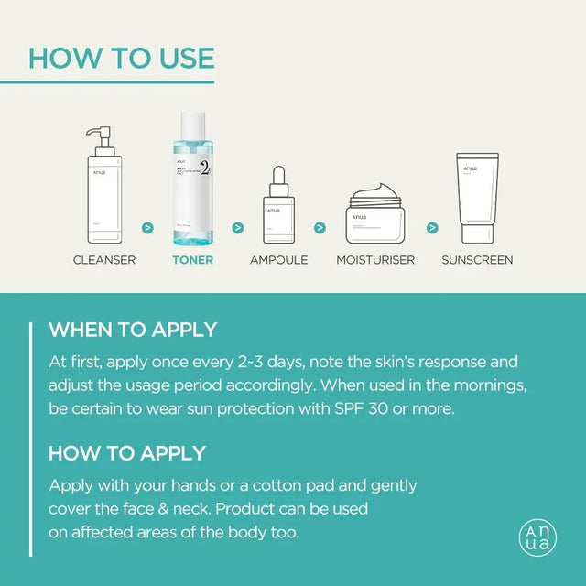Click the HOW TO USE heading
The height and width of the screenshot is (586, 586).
coord(121,57)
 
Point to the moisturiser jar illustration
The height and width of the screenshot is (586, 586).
coord(375,215)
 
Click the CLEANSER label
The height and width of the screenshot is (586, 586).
coord(104,260)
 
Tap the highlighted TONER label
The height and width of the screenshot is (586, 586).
coord(192,260)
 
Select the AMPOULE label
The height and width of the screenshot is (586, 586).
coord(278,260)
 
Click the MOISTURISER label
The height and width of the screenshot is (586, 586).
coord(375,260)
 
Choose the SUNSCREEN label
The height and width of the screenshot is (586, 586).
coord(477,260)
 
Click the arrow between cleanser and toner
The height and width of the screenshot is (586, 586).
coord(147,227)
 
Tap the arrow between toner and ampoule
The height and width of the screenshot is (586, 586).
coord(237,227)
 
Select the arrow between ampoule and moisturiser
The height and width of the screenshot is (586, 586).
coord(320,227)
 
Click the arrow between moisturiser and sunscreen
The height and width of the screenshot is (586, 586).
coord(432,227)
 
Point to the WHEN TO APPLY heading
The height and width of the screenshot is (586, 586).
coord(133,330)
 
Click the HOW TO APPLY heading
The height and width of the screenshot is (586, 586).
coord(126,453)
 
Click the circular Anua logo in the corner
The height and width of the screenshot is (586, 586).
coord(538,537)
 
